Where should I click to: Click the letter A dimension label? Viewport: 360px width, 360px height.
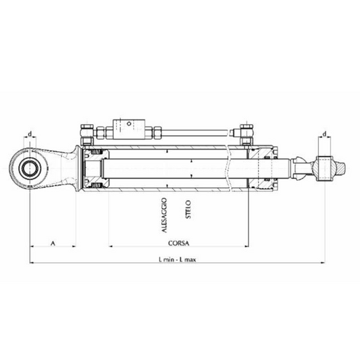coord(53,241)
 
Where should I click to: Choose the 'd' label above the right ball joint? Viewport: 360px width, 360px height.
coord(326,134)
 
